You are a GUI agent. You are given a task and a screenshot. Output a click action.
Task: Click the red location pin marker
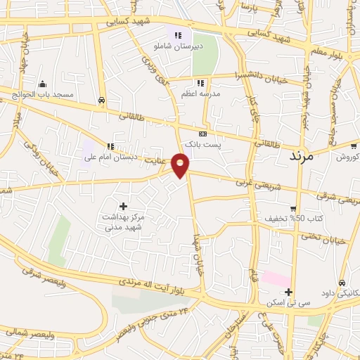pos(181,165)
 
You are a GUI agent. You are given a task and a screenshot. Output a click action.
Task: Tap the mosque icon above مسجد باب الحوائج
pos(43,84)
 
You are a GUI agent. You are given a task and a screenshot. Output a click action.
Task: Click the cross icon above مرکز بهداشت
pos(124,206)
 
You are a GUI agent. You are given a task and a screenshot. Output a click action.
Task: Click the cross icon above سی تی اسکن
pos(288,292)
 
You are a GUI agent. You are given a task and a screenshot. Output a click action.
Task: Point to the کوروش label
pos(347,157)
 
